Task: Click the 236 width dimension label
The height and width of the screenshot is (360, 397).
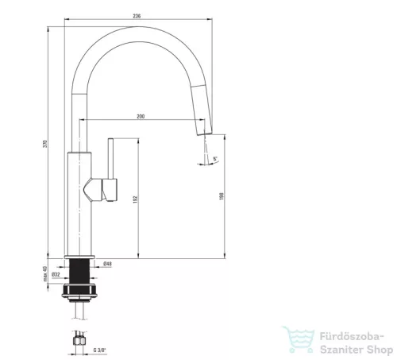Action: (137, 16)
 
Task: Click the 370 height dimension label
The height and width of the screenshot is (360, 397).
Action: (45, 144)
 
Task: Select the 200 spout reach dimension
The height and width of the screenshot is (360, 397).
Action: (141, 116)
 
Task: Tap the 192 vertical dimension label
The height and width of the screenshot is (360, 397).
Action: (135, 199)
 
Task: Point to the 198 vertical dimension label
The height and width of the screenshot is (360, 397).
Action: (222, 196)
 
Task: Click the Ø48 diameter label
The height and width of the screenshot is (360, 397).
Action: (107, 264)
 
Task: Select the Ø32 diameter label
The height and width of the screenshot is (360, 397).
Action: (56, 274)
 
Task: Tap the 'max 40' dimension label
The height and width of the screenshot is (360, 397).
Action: (45, 273)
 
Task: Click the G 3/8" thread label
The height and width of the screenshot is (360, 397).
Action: (99, 350)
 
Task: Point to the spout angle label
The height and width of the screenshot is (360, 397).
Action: (215, 159)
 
